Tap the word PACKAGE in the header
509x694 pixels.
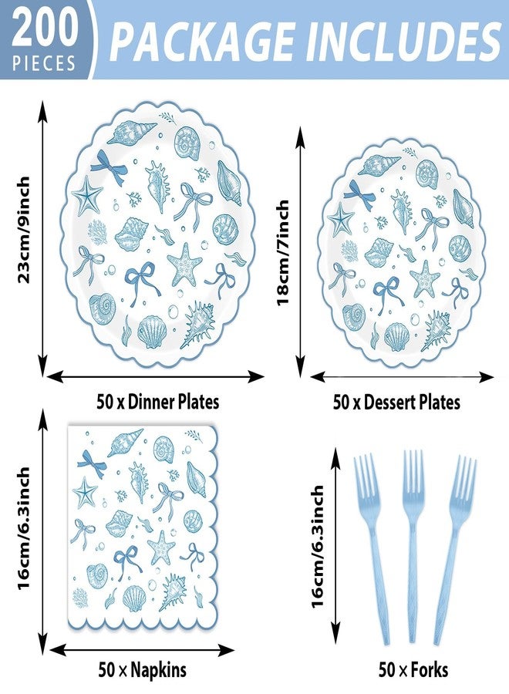tap(202, 40)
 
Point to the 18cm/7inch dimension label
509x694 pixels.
tap(283, 253)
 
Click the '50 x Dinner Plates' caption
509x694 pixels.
tap(158, 402)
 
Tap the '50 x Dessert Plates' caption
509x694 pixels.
tap(396, 402)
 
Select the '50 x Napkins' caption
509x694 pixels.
tap(143, 669)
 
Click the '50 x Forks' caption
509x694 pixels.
tap(413, 669)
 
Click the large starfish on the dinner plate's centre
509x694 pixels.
tap(184, 264)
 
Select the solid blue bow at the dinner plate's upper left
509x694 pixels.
tap(109, 168)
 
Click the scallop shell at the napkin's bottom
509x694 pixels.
tap(134, 599)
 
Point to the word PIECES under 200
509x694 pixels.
tap(44, 63)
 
